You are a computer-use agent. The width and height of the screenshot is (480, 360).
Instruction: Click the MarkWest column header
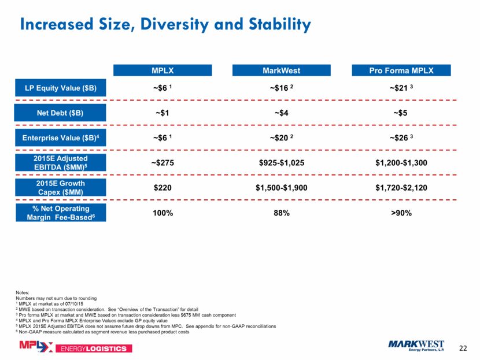[281, 70]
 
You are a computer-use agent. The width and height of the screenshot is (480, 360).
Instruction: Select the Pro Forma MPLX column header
[401, 70]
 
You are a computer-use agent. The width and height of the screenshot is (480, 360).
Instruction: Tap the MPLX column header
[163, 70]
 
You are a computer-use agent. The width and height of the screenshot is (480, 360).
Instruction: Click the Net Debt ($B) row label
[60, 113]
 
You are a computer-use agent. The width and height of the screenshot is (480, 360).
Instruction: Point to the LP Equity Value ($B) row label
[61, 88]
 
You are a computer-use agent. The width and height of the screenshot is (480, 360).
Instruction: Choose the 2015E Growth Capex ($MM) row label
[61, 187]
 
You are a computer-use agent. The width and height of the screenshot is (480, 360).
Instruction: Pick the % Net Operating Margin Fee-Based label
[61, 213]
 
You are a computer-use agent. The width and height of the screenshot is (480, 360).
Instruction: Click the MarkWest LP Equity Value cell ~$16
[281, 88]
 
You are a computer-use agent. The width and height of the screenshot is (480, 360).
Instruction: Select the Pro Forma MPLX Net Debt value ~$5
[400, 113]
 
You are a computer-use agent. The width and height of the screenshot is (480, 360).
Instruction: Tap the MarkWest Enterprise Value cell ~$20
[281, 138]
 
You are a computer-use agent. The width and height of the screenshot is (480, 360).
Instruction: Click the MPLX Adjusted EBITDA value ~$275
[163, 163]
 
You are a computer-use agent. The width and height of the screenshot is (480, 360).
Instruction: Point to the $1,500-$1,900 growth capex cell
[281, 187]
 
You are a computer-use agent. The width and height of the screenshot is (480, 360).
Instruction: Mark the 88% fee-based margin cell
[282, 213]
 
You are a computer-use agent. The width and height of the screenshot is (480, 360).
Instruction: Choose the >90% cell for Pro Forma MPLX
[401, 213]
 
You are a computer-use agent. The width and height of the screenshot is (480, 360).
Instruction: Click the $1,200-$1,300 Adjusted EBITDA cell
[401, 163]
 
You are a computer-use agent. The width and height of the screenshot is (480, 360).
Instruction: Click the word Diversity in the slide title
[175, 24]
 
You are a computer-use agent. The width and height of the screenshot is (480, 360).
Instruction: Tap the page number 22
[463, 348]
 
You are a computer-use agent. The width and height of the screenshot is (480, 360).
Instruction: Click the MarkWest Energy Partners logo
[416, 346]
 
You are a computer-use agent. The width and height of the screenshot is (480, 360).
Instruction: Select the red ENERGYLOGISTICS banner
[94, 348]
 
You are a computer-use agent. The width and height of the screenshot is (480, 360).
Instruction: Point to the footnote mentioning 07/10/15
[50, 304]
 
